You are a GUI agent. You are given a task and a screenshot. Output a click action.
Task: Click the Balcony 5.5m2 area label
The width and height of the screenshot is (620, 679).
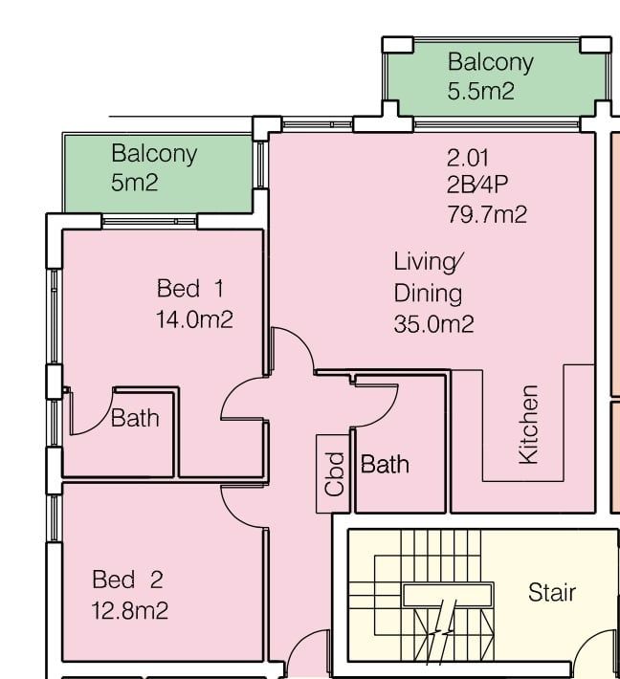coord(491,77)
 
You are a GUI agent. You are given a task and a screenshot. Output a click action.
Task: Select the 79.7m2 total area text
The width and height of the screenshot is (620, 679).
coord(487,214)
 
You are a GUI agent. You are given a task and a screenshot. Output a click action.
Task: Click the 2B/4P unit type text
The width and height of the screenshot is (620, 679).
coord(477,186)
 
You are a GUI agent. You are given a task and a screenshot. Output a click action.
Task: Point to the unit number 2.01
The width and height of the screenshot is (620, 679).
coord(468,158)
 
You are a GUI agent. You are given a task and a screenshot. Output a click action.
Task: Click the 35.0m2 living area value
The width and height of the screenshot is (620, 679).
coord(433,324)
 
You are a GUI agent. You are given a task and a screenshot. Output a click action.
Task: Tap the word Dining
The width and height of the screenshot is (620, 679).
coord(428,294)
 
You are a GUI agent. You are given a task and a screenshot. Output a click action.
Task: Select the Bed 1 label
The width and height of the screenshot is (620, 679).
coord(190,289)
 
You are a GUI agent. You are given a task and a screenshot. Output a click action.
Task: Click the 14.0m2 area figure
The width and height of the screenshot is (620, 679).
coord(194,320)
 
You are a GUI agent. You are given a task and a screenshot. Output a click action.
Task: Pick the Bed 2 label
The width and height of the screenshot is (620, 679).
coord(127,580)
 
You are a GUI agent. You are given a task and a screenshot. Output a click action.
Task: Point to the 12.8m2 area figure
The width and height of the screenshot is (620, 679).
coord(129,610)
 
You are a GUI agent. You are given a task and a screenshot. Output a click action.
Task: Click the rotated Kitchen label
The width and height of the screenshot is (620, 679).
coord(529,425)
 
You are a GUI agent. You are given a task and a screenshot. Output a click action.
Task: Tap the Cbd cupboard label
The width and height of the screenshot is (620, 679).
coord(334,473)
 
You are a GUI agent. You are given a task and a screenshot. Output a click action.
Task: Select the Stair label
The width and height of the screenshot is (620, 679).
coord(552,592)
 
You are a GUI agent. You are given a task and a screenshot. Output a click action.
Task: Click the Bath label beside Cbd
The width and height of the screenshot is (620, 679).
coord(385,464)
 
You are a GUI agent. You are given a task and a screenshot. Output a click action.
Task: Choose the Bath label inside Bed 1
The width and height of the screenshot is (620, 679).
coord(135,418)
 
